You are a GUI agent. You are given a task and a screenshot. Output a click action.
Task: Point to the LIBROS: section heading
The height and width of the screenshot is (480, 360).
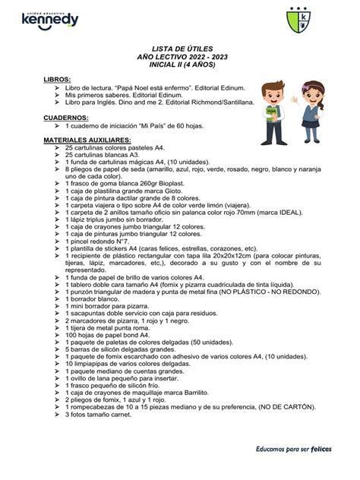[x=57, y=80]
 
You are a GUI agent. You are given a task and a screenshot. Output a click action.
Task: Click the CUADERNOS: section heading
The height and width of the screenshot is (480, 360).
[x=65, y=118]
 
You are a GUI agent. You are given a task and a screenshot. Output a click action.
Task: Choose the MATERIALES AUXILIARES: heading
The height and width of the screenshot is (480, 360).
[x=87, y=141]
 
